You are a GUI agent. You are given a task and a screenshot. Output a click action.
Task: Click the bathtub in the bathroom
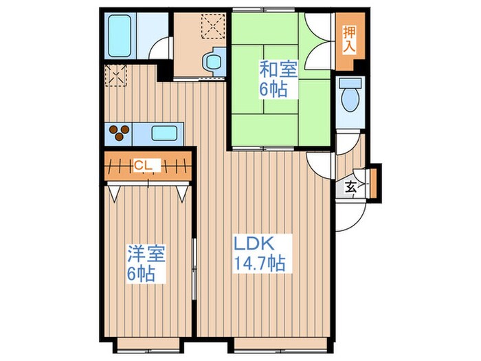(x=120, y=36)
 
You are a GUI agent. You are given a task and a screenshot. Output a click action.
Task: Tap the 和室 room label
(x=278, y=69)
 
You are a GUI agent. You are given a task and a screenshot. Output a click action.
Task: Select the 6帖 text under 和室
(x=273, y=89)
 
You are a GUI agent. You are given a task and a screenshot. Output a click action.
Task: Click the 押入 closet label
(x=349, y=40)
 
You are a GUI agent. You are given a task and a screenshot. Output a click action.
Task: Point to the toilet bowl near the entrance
(x=350, y=100)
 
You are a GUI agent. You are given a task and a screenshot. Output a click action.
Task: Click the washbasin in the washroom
(x=214, y=63)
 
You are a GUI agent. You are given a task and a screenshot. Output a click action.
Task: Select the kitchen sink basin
(x=164, y=133)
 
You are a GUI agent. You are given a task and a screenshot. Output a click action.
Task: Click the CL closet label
(x=143, y=166)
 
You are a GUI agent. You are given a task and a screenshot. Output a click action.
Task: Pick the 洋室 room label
(x=146, y=254)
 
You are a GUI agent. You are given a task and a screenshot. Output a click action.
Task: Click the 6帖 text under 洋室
(x=141, y=274)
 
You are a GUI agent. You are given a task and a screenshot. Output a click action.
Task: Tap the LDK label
(x=254, y=243)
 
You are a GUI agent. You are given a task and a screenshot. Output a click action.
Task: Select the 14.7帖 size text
(x=260, y=263)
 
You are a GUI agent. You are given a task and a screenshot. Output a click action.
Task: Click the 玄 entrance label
(x=350, y=187)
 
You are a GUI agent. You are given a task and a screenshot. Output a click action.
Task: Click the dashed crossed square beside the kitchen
(x=116, y=76)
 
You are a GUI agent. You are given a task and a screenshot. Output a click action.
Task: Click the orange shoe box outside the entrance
(x=373, y=184)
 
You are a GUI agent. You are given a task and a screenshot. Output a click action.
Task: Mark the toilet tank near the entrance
(x=350, y=83)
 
